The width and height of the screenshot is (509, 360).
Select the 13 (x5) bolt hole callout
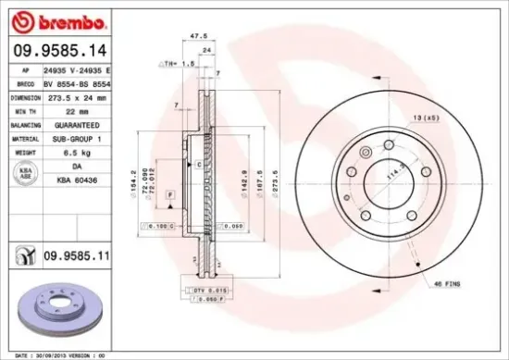pos(427,118)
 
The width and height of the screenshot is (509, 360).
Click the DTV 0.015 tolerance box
pos(211,291)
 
